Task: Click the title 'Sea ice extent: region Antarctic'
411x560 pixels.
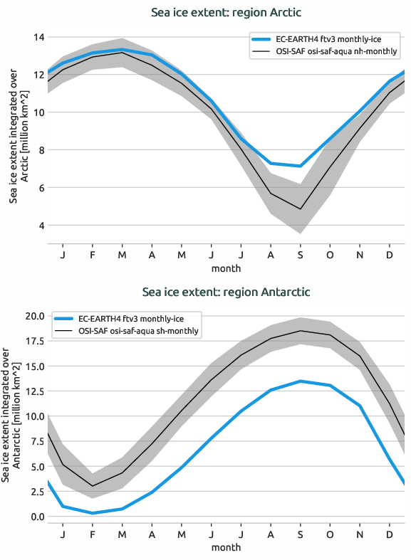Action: [226, 292]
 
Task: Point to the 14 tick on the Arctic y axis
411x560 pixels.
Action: [39, 37]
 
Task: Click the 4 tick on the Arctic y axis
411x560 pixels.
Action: [41, 226]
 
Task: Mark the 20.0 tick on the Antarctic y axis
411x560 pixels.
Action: [34, 316]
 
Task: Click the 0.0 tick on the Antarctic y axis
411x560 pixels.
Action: [36, 517]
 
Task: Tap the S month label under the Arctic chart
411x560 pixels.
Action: [301, 255]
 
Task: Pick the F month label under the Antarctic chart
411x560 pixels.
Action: [93, 534]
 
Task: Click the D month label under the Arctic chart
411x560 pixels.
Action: [390, 255]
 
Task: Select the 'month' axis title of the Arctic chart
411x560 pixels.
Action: [226, 268]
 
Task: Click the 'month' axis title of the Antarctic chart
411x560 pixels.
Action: [226, 547]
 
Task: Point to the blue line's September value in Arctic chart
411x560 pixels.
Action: [301, 166]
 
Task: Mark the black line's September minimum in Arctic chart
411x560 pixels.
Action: [301, 209]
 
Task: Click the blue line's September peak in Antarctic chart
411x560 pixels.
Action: [301, 381]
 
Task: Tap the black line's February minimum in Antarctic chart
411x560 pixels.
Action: [93, 486]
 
